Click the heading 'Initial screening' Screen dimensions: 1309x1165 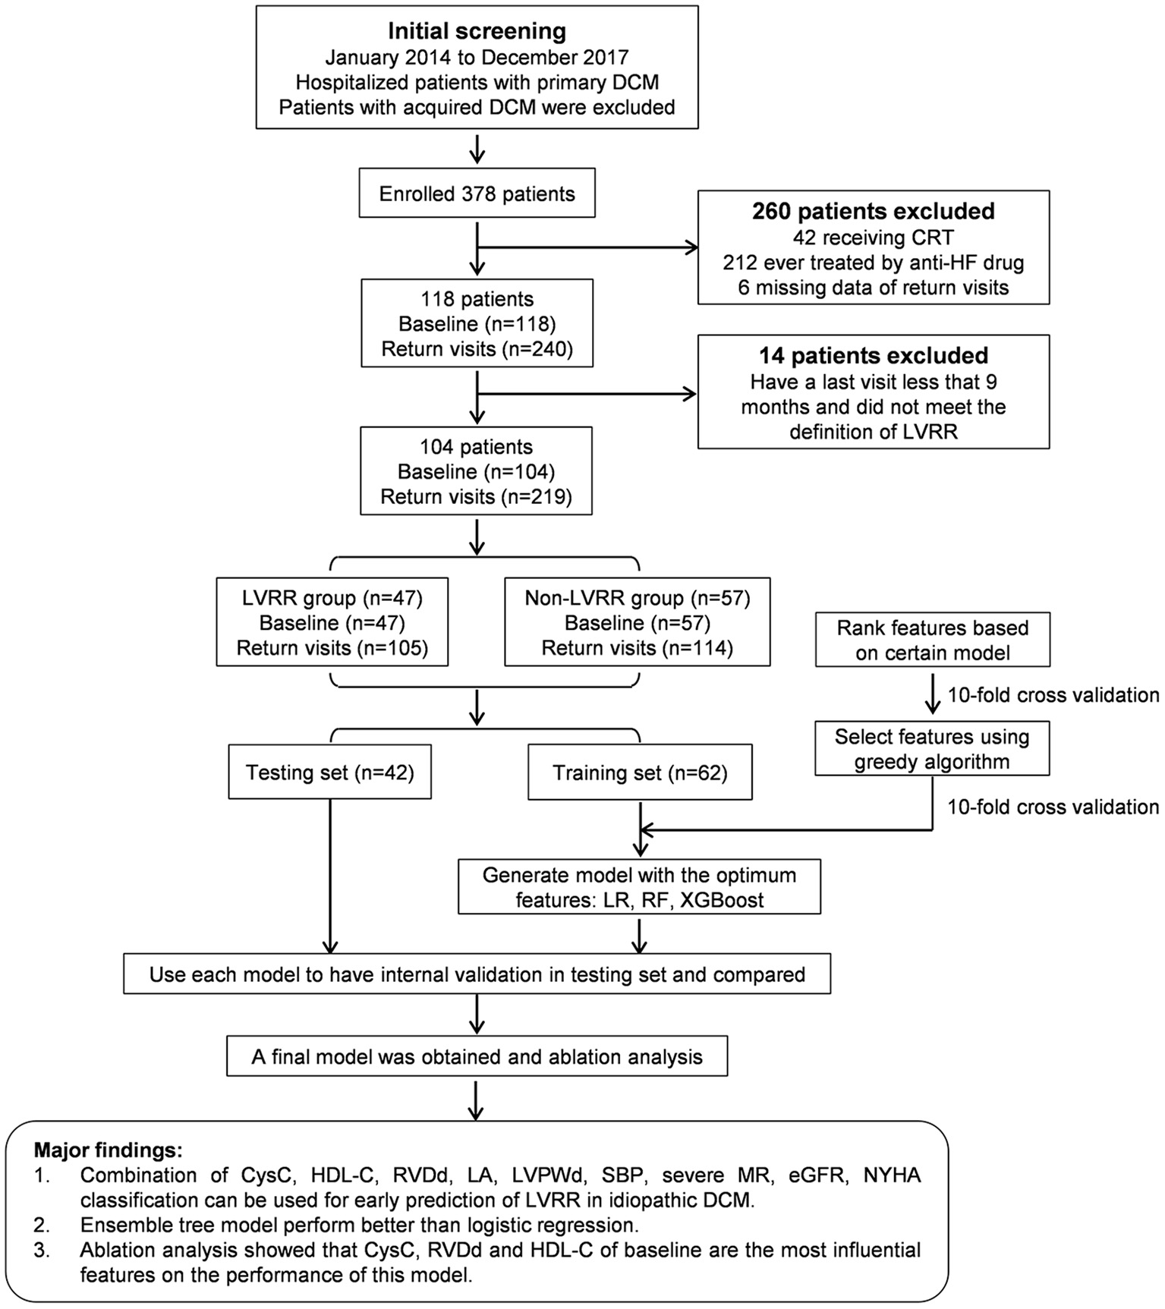point(477,31)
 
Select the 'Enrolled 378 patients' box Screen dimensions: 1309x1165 point(477,194)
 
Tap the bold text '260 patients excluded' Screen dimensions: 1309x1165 point(873,211)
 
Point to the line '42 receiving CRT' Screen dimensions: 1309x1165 point(873,238)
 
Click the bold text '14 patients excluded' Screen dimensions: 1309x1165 point(873,356)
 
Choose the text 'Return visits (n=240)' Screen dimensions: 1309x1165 point(477,349)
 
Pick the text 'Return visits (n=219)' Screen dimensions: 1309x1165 point(476,496)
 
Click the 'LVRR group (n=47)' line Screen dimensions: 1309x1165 point(332,598)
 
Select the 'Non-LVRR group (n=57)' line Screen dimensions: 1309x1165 point(638,598)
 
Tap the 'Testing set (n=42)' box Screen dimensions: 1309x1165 point(329,772)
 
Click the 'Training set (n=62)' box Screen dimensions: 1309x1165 point(640,772)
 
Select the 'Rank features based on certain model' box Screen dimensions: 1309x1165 point(932,640)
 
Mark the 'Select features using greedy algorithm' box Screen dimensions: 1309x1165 point(932,748)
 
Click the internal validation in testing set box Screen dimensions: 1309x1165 point(477,974)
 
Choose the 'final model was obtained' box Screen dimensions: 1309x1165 point(477,1056)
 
